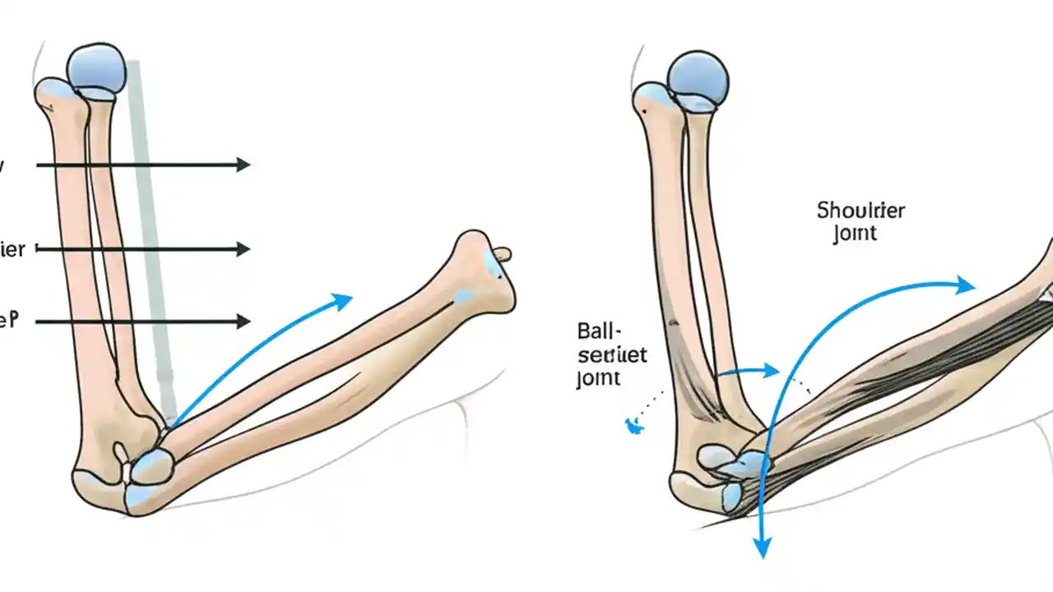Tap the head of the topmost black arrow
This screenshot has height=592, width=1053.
[243, 164]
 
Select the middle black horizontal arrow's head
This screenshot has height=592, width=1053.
[243, 248]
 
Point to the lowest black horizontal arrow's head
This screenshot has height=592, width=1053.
[243, 321]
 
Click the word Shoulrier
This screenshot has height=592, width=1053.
[860, 210]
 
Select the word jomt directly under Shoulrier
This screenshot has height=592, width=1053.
[855, 234]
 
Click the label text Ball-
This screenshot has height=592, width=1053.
[601, 333]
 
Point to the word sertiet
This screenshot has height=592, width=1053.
[612, 355]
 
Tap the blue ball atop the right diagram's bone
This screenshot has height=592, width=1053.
[698, 78]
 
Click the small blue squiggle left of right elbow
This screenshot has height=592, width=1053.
[633, 425]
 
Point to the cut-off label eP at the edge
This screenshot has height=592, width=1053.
[8, 321]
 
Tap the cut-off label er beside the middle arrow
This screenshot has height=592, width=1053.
[12, 249]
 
